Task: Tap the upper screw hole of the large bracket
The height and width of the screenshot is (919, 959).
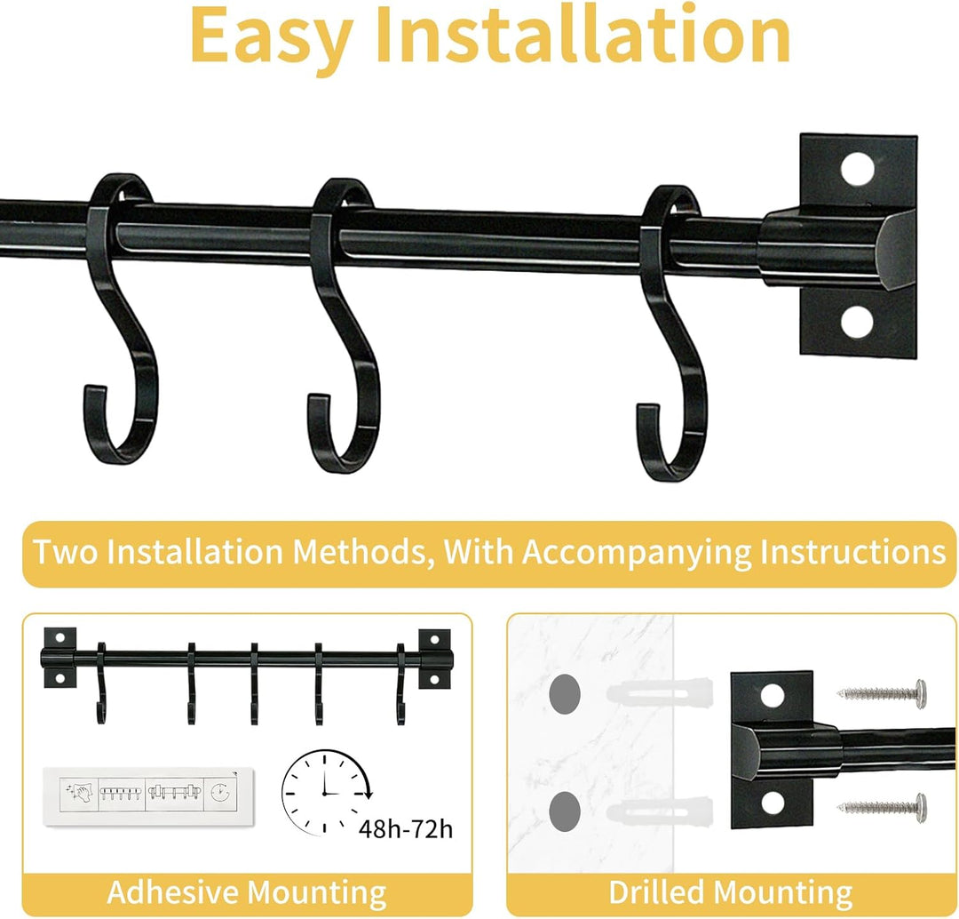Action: coord(857,168)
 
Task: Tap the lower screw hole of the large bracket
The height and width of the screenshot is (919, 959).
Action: coord(856,322)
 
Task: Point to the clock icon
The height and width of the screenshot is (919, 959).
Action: coord(324,792)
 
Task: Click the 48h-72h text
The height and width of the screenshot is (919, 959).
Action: coord(406,829)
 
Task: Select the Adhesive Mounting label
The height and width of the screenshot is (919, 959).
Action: coord(247,892)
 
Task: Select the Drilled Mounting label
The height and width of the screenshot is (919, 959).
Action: coord(730,892)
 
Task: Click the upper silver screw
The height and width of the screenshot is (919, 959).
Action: coord(882,692)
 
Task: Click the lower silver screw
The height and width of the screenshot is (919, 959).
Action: coord(882,807)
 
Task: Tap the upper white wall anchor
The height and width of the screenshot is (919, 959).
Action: coord(659,693)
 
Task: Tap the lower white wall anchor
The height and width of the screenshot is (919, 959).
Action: coord(659,811)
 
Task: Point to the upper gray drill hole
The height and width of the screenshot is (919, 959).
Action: coord(565,693)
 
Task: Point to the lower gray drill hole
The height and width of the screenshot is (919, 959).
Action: coord(565,811)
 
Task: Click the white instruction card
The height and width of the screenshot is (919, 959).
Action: coord(148,795)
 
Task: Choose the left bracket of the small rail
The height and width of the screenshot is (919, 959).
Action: coord(59,658)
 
